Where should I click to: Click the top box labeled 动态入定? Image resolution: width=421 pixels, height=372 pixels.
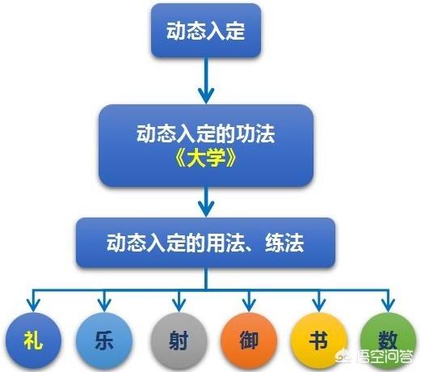(206, 31)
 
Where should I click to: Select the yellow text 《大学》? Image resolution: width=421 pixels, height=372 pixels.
(206, 157)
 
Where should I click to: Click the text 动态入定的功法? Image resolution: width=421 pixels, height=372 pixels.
(206, 133)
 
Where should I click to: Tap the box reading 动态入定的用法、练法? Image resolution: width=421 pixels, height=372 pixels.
(206, 243)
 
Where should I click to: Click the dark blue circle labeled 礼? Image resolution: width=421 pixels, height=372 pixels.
(33, 340)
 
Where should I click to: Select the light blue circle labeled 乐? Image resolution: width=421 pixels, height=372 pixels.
(104, 340)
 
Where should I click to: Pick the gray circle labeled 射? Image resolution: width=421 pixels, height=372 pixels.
(179, 340)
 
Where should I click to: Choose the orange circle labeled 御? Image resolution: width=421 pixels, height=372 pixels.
(249, 340)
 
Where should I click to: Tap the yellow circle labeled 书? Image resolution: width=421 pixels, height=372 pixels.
(319, 340)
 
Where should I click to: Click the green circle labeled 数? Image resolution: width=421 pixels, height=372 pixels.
(388, 340)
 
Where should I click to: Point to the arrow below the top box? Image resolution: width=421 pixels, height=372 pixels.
(206, 81)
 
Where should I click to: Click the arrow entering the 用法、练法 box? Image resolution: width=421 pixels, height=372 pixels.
(206, 201)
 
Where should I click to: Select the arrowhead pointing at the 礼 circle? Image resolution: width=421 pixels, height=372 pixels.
(33, 305)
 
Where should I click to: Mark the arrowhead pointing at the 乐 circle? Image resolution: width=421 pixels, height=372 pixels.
(104, 305)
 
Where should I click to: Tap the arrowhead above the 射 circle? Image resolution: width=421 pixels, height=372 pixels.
(179, 305)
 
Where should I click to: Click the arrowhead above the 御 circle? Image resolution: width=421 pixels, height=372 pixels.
(249, 305)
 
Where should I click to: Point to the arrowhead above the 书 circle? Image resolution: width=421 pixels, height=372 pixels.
(319, 305)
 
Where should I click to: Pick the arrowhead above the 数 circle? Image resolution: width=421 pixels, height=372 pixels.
(388, 305)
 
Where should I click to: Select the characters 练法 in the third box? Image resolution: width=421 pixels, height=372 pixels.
(284, 243)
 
